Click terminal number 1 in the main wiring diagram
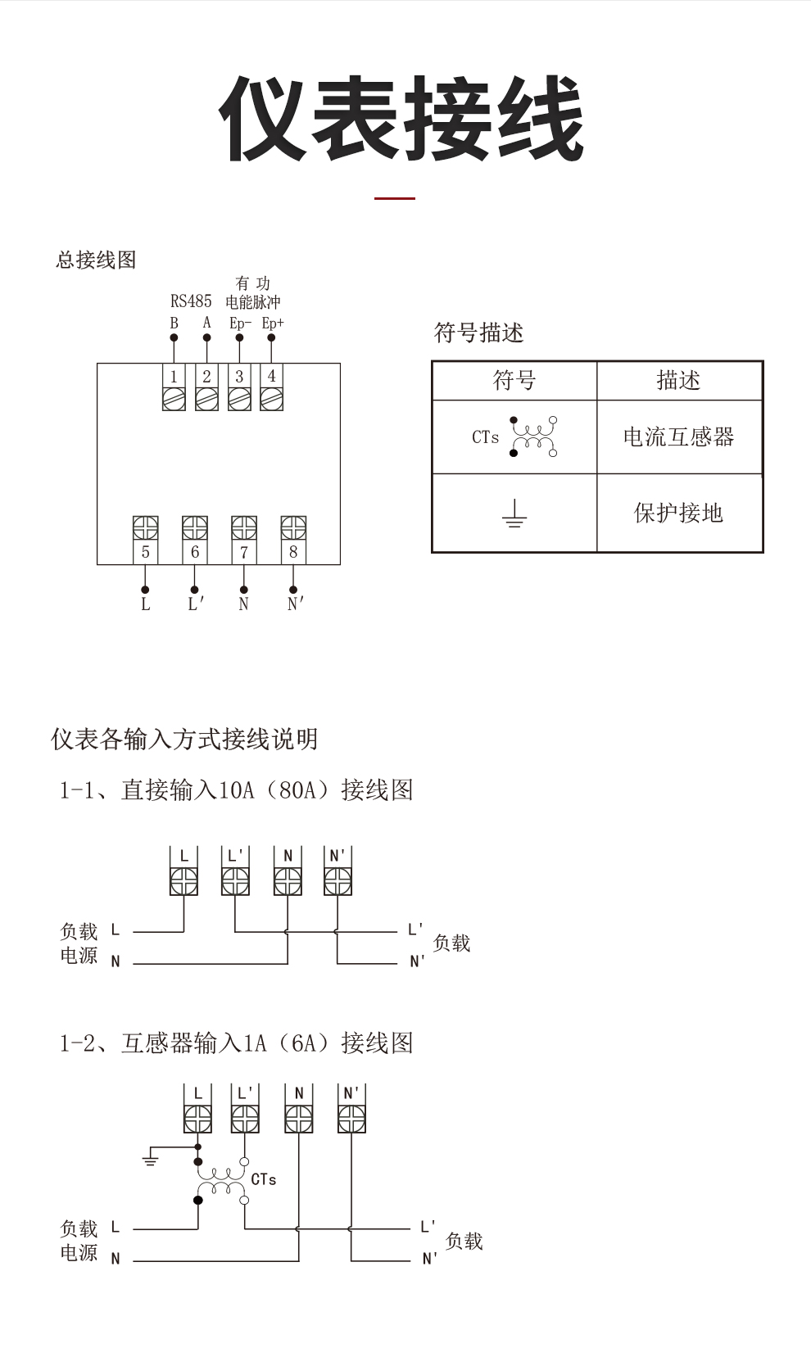tap(174, 377)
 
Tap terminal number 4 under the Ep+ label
tap(271, 377)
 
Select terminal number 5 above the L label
tap(145, 552)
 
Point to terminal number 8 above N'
tap(293, 552)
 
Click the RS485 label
tap(191, 301)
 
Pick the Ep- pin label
tap(240, 323)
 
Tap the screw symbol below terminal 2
tap(206, 399)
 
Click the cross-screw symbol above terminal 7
tap(244, 527)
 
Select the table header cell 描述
tap(679, 380)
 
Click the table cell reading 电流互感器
tap(679, 437)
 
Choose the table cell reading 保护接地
tap(679, 513)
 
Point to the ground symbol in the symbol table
tap(514, 513)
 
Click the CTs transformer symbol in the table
tap(534, 437)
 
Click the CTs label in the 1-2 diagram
tap(264, 1179)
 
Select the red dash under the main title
tap(394, 198)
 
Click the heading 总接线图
tap(97, 260)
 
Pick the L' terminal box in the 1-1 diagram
tap(235, 871)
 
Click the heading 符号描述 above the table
tap(478, 332)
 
